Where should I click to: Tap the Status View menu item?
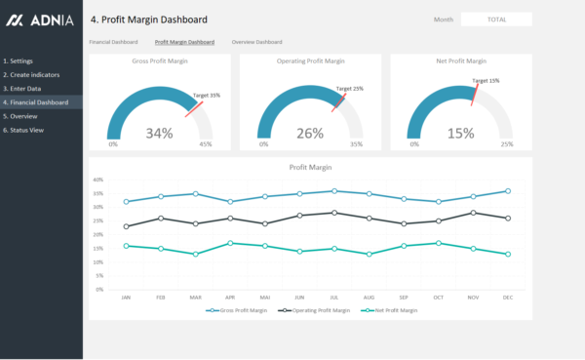26,130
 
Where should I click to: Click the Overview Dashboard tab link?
256,43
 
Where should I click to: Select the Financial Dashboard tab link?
113,43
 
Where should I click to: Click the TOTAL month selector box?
495,20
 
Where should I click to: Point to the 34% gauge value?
159,134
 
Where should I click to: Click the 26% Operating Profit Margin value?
310,134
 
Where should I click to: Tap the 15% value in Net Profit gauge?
461,134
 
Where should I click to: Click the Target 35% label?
207,96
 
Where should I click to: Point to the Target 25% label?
350,89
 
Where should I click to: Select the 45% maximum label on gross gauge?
206,144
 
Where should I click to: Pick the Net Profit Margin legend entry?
390,310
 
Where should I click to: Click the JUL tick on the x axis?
333,297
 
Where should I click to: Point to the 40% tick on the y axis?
97,180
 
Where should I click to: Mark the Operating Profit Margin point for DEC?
507,218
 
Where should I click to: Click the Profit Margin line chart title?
310,167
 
